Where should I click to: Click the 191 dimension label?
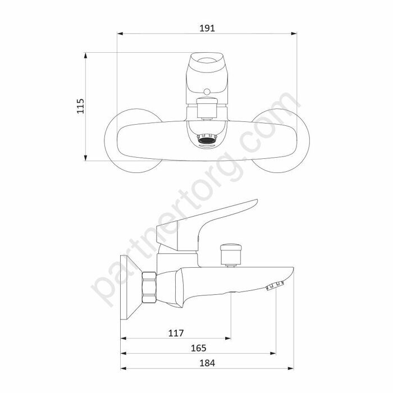[207, 28]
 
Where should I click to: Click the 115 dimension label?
[80, 106]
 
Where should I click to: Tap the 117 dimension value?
[176, 333]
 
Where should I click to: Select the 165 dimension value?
[199, 348]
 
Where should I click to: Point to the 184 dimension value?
[207, 363]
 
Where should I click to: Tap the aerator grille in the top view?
[207, 139]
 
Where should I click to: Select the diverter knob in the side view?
[231, 254]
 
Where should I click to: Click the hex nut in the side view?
[149, 287]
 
